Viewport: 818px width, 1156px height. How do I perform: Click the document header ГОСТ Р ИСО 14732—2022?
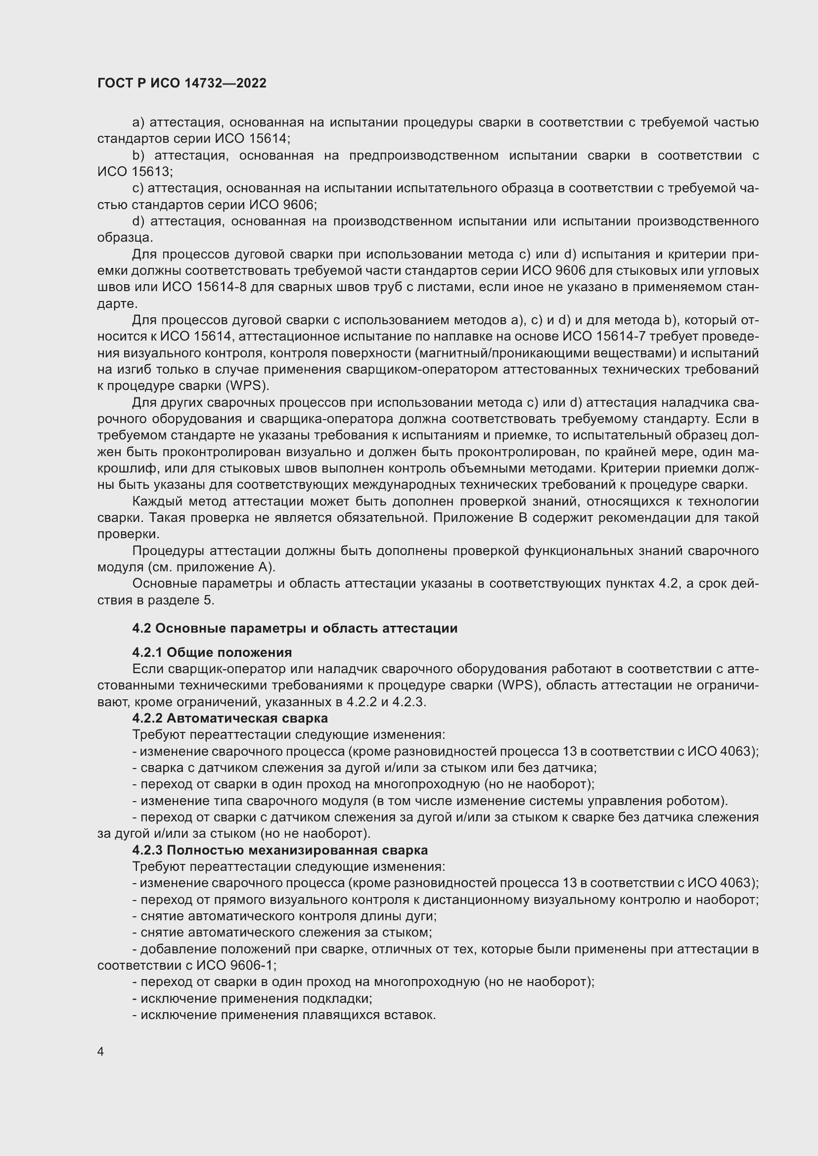(182, 83)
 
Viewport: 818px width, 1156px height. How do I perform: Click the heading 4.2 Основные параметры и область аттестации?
(295, 628)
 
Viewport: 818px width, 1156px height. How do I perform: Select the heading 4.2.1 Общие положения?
(212, 652)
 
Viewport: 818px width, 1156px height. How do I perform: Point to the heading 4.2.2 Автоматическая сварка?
(229, 718)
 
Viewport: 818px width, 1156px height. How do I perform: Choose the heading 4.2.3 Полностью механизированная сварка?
(279, 850)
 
